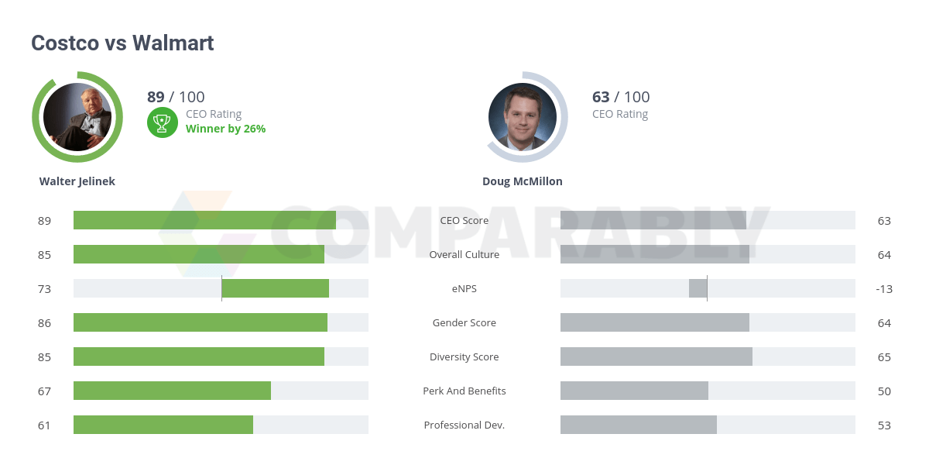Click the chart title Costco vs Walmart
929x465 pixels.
[x=122, y=43]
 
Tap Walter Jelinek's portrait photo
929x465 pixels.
[x=77, y=117]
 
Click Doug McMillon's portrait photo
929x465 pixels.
[x=523, y=117]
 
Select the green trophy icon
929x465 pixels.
[x=163, y=122]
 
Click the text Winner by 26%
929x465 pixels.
[x=225, y=129]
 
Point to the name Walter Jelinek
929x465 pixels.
[x=77, y=181]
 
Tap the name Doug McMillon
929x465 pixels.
[x=523, y=181]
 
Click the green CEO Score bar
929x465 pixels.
[x=204, y=220]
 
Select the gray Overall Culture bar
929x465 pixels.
[x=654, y=254]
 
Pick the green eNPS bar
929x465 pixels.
[x=275, y=288]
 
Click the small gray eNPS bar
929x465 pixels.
[x=698, y=288]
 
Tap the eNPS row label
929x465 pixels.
[x=464, y=288]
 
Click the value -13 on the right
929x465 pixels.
[x=884, y=289]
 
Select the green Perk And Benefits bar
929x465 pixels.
[x=172, y=391]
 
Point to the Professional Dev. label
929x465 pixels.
[x=464, y=425]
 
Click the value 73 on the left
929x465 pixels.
[x=44, y=289]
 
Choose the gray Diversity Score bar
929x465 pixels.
[x=656, y=356]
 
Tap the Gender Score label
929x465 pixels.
[x=464, y=322]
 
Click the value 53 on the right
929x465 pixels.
[x=884, y=425]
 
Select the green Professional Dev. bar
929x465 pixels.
[x=163, y=425]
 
